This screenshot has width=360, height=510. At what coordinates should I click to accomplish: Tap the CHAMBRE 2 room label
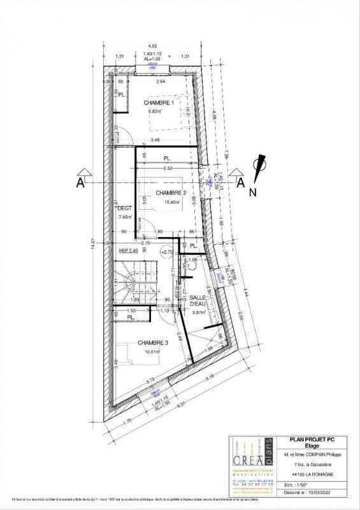[x=171, y=193]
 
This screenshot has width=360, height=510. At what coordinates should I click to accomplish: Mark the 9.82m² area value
[x=156, y=112]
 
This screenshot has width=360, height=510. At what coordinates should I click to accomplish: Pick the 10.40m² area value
[x=173, y=203]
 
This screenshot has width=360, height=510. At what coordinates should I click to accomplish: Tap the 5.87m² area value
[x=201, y=313]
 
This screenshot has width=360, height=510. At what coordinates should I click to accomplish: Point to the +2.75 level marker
[x=168, y=252]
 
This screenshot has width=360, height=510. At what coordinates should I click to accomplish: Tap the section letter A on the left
[x=80, y=183]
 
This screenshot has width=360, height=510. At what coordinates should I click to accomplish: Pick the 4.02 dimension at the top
[x=152, y=46]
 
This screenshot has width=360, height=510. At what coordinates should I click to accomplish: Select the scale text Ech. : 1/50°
[x=295, y=484]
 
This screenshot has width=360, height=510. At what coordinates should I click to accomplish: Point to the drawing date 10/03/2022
[x=315, y=492]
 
